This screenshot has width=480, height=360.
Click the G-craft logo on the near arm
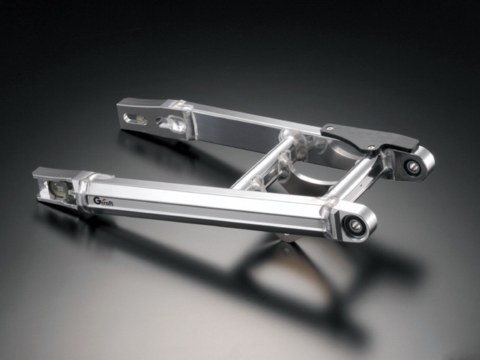coord(103,201)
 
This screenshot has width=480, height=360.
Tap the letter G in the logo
coord(97,200)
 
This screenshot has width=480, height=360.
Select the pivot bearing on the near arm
coord(355,225)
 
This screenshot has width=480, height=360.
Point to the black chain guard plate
coord(370,137)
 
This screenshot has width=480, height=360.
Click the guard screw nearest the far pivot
coord(371,147)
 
